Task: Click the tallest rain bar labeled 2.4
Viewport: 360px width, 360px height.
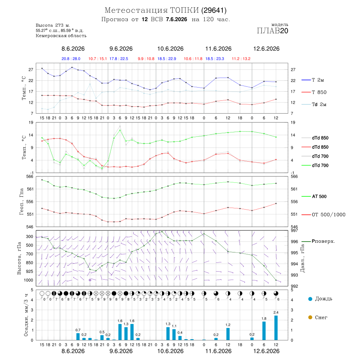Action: coord(276,328)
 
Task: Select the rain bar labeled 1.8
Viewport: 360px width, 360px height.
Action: coord(264,331)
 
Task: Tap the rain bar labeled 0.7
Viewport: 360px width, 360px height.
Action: coord(78,336)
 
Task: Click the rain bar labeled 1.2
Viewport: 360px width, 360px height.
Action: coord(228,334)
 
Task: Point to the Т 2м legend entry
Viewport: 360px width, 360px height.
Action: coord(313,80)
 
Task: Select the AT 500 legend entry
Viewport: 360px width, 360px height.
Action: coord(314,196)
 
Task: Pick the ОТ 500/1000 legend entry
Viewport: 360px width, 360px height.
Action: coord(323,214)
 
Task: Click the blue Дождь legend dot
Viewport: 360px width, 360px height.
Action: coord(310,299)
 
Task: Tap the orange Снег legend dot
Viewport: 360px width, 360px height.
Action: coord(310,317)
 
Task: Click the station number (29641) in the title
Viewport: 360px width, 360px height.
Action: coord(214,10)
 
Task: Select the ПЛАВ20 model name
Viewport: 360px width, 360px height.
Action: coord(272,30)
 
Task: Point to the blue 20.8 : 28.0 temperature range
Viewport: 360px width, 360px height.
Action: coord(71,58)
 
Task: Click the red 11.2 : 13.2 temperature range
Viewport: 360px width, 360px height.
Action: coord(241,58)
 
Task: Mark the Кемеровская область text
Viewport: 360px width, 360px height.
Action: coord(61,36)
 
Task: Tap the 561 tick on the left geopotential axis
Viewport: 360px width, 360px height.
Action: coord(30,189)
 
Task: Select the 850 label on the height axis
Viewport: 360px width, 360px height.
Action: coord(29,263)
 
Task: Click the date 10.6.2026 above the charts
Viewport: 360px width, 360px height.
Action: coord(170,49)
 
